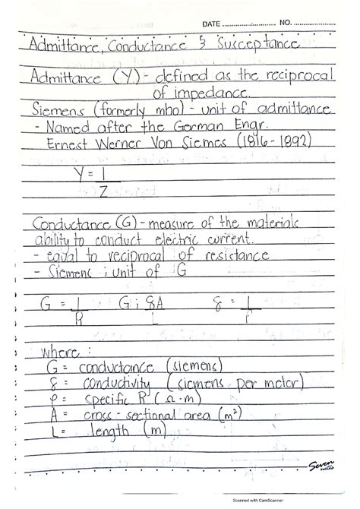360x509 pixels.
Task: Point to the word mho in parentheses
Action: [142, 111]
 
